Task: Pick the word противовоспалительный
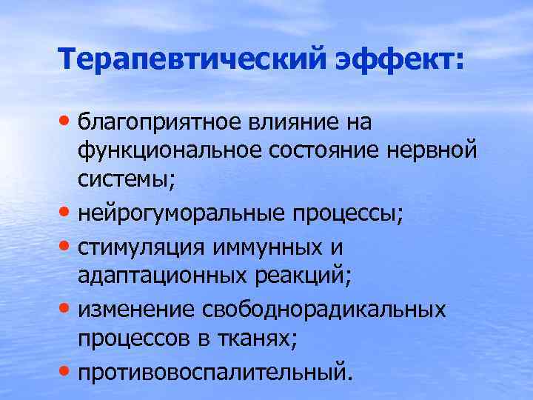tap(209, 370)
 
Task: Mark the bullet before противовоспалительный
tap(67, 367)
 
